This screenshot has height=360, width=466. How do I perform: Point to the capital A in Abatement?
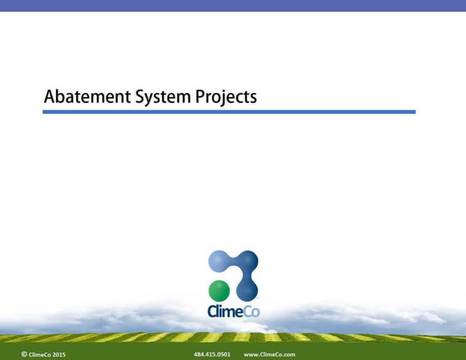50,96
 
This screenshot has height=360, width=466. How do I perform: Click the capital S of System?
139,96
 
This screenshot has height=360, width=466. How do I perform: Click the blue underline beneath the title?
229,112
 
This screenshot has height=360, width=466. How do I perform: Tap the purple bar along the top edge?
233,5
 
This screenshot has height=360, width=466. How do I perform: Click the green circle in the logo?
219,290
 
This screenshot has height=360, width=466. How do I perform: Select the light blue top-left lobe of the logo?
220,261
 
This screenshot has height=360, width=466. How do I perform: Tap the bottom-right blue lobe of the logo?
248,289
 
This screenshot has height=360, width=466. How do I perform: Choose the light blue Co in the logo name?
251,311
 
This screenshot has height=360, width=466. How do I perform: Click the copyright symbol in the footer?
24,354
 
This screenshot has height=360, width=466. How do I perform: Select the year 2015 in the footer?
58,354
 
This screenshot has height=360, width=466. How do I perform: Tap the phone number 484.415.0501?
212,354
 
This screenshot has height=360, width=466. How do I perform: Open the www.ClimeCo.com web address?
269,354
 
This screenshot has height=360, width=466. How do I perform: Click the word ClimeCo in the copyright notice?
40,354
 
